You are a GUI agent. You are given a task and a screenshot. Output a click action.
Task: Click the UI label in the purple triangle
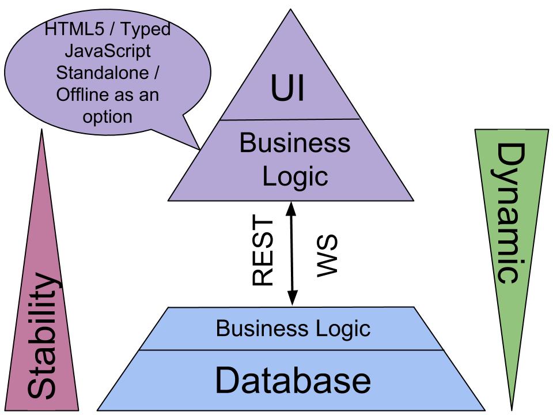point(287,89)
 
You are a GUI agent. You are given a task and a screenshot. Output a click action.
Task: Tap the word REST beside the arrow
point(263,251)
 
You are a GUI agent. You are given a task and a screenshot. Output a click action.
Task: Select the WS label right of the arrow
point(327,255)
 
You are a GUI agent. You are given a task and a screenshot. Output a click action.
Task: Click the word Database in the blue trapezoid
point(293,380)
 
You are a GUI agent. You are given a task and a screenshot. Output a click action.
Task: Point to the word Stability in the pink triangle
point(43,337)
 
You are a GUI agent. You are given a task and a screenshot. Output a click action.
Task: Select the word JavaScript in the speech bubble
point(108,51)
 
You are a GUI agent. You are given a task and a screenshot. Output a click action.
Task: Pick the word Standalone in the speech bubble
point(108,73)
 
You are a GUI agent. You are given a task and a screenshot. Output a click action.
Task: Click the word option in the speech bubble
point(108,116)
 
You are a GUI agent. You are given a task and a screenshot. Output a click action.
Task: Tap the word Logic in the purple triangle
point(295,176)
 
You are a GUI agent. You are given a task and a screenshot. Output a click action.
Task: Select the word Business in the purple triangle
point(295,143)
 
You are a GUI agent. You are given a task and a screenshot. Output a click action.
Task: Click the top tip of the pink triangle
point(42,130)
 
